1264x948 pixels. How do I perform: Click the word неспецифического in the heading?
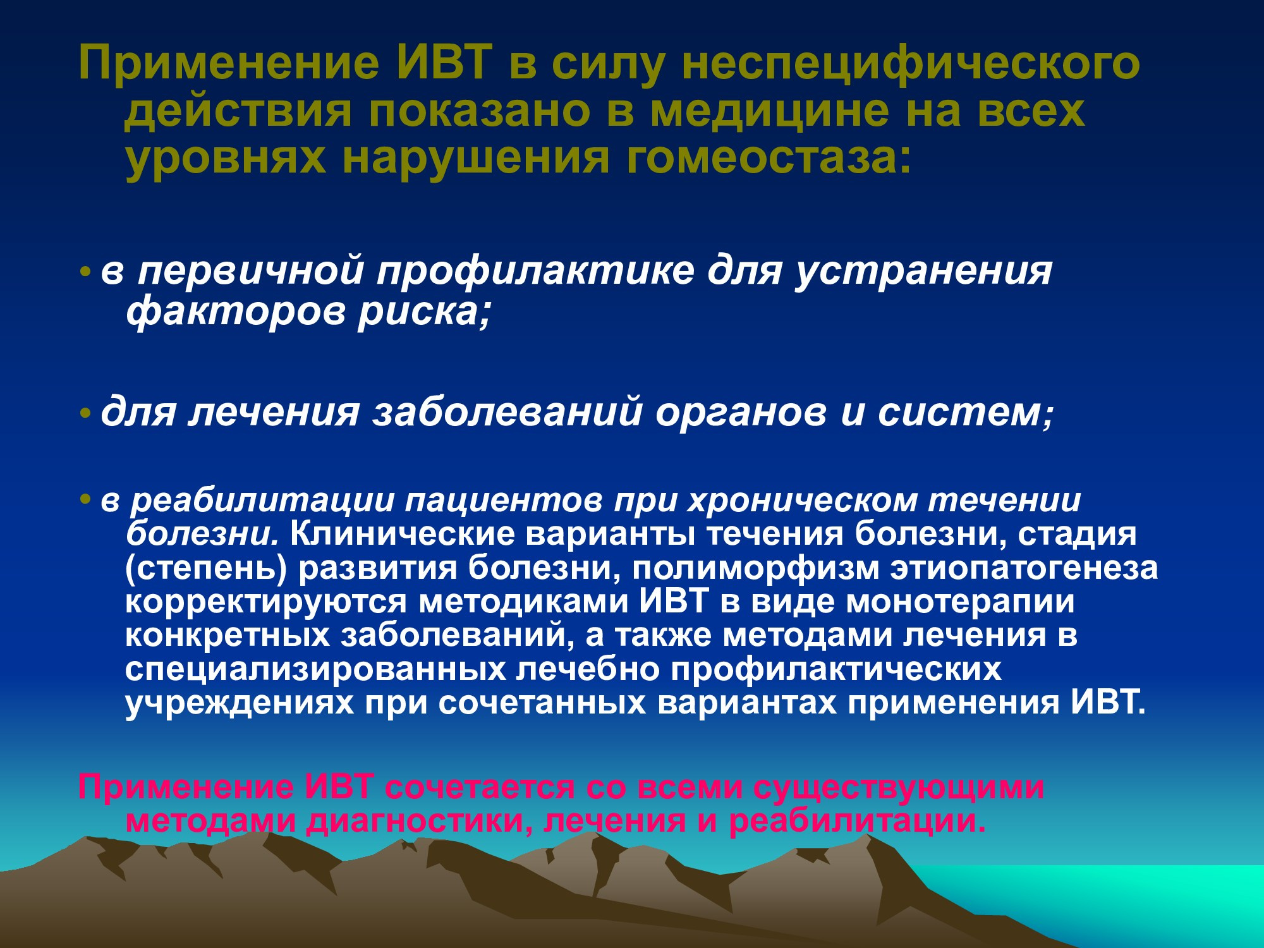pos(911,63)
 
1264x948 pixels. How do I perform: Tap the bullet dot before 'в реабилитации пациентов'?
pos(85,500)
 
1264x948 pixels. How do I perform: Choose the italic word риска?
pos(424,312)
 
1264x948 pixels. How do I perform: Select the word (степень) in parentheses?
pos(206,568)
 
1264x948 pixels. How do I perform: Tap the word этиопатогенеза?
pos(1024,568)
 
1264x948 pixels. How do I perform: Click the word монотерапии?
pos(961,602)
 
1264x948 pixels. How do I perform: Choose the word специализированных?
pos(315,669)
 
